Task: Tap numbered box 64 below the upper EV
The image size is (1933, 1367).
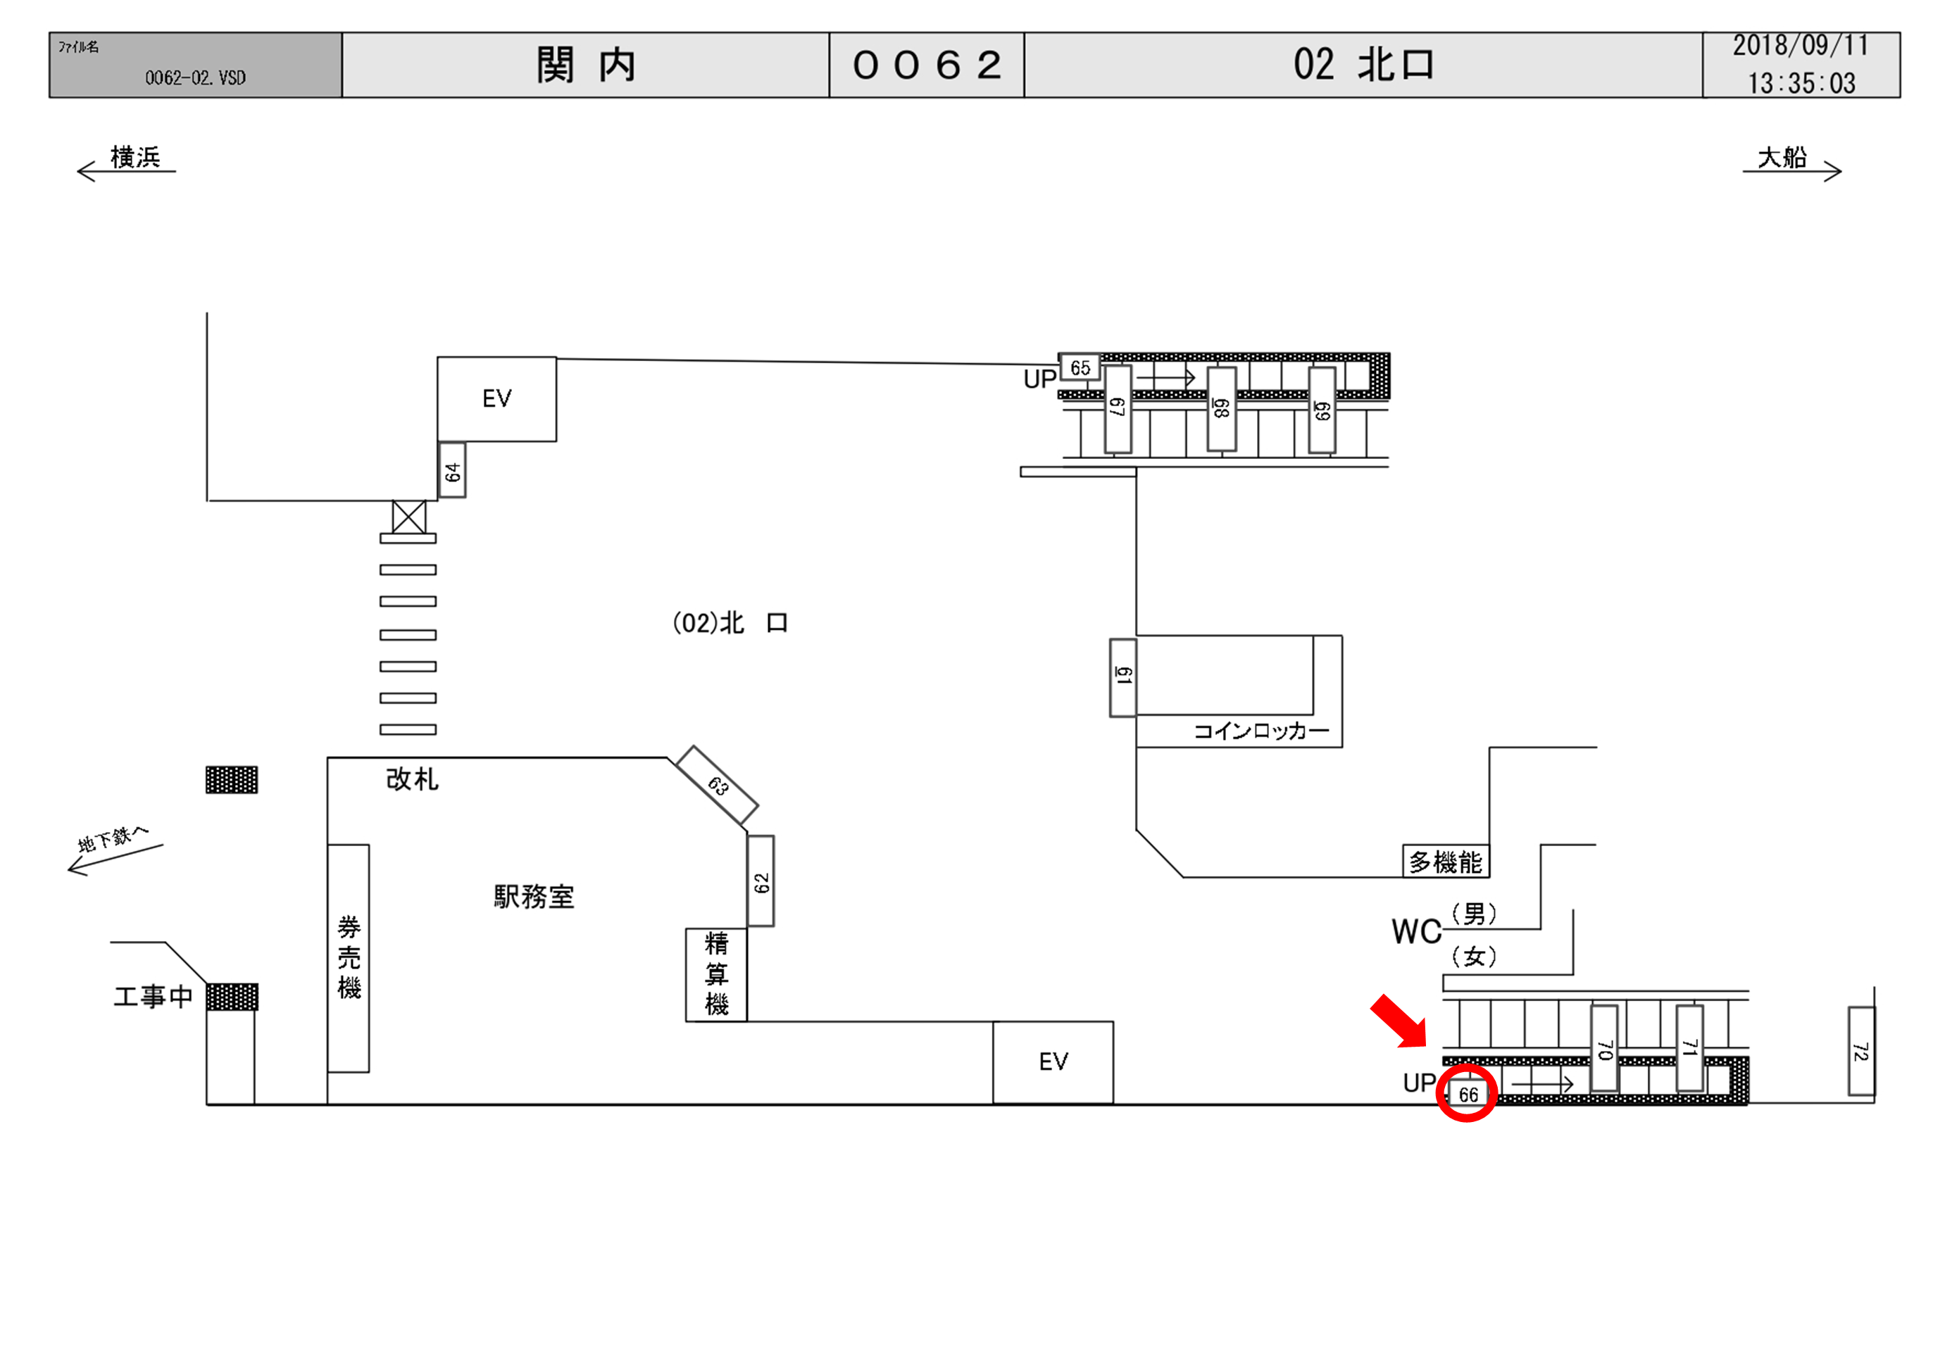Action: [452, 470]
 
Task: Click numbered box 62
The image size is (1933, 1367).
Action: [761, 881]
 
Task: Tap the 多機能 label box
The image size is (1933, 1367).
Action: [1445, 861]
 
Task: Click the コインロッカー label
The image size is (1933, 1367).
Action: [1260, 731]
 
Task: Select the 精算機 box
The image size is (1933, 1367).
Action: [716, 974]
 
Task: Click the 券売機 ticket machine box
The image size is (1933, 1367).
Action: [349, 957]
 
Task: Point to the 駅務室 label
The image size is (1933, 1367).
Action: [534, 897]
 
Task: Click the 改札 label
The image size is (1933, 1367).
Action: [412, 779]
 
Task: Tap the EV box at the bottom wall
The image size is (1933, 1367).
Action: [1052, 1062]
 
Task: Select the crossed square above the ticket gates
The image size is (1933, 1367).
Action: [408, 516]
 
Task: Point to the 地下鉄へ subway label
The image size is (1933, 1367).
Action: [113, 839]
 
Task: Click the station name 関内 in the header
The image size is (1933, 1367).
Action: [586, 65]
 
